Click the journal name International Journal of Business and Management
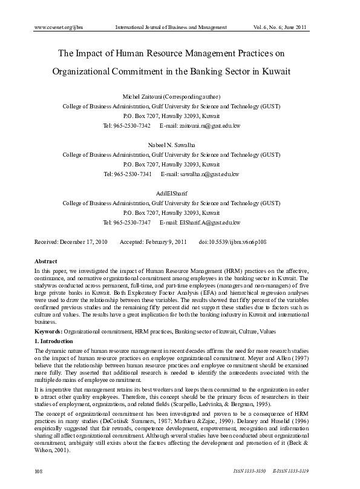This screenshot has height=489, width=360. click(x=171, y=27)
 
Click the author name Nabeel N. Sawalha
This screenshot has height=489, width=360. click(x=171, y=146)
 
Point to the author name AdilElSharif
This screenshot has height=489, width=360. click(x=171, y=194)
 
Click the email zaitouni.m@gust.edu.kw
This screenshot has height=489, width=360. click(x=209, y=126)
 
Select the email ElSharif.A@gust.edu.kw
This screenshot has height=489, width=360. click(x=210, y=223)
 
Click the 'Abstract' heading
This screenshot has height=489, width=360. click(x=46, y=261)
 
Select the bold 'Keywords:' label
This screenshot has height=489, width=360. click(x=48, y=332)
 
